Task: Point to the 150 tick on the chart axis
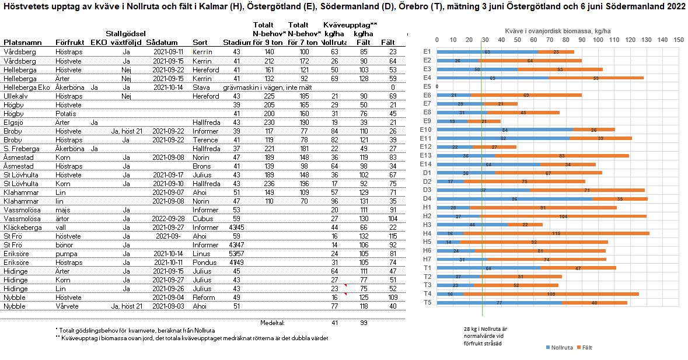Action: [678, 40]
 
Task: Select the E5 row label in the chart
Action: [427, 86]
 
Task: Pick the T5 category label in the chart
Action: [427, 303]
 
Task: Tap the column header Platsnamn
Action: [23, 43]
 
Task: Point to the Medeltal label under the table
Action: [272, 322]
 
